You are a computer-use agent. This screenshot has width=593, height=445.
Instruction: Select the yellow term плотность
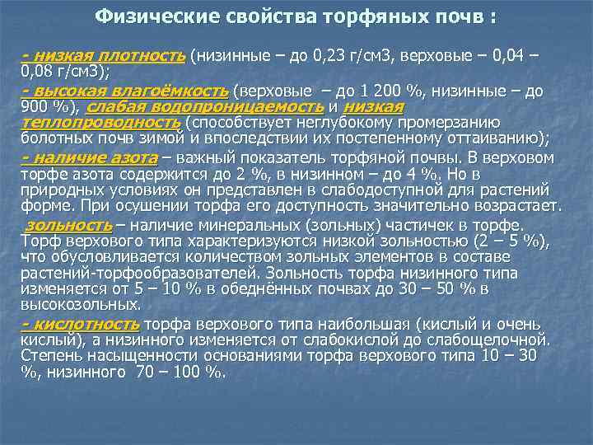click(145, 56)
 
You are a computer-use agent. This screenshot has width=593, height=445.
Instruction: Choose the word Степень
click(48, 355)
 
